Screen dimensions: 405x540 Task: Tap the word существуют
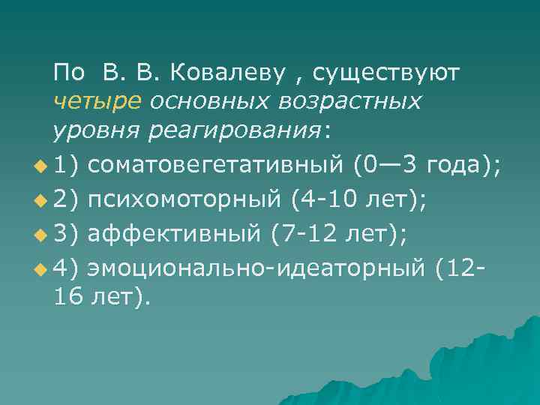coord(387,73)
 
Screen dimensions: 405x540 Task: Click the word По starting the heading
coord(69,73)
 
